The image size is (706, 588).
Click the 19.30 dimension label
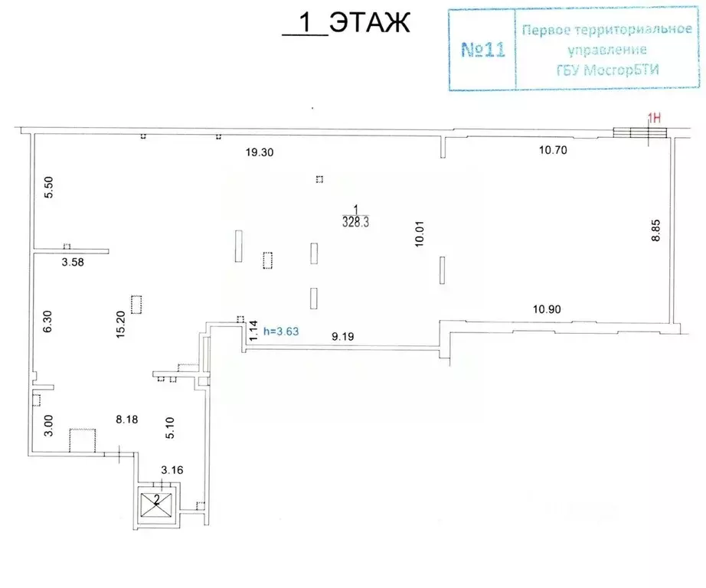pos(260,152)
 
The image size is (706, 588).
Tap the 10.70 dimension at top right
pos(553,150)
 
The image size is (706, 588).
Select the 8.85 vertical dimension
pos(655,230)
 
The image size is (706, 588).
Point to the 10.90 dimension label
pos(547,309)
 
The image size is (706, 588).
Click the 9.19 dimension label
pos(342,336)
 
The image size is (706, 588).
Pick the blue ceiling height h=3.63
pos(281,332)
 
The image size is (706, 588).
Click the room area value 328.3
pos(356,222)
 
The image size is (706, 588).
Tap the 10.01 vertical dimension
pos(419,234)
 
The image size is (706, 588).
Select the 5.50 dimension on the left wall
pos(49,188)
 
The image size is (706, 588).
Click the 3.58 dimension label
pos(73,262)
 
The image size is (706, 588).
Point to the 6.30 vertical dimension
pos(47,322)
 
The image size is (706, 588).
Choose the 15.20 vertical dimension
pos(120,324)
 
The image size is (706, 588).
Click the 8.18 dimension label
pos(127,420)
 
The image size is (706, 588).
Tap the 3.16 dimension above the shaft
pos(172,470)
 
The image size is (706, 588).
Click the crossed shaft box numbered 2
pos(156,505)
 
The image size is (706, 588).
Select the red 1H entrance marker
pos(654,119)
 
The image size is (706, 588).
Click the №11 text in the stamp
pos(483,50)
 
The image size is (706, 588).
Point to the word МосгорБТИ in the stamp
pos(622,70)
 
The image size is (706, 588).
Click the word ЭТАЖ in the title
pos(370,22)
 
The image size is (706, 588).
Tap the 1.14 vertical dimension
pos(253,330)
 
